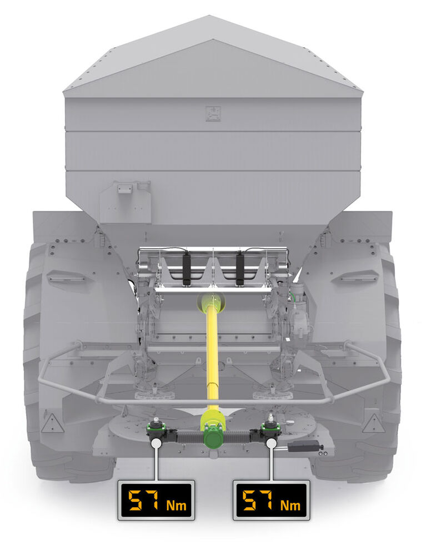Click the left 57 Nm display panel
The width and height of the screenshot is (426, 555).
coord(156,500)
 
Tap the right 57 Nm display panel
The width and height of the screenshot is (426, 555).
coord(271,500)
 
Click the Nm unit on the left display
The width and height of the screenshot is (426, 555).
coord(177,505)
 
